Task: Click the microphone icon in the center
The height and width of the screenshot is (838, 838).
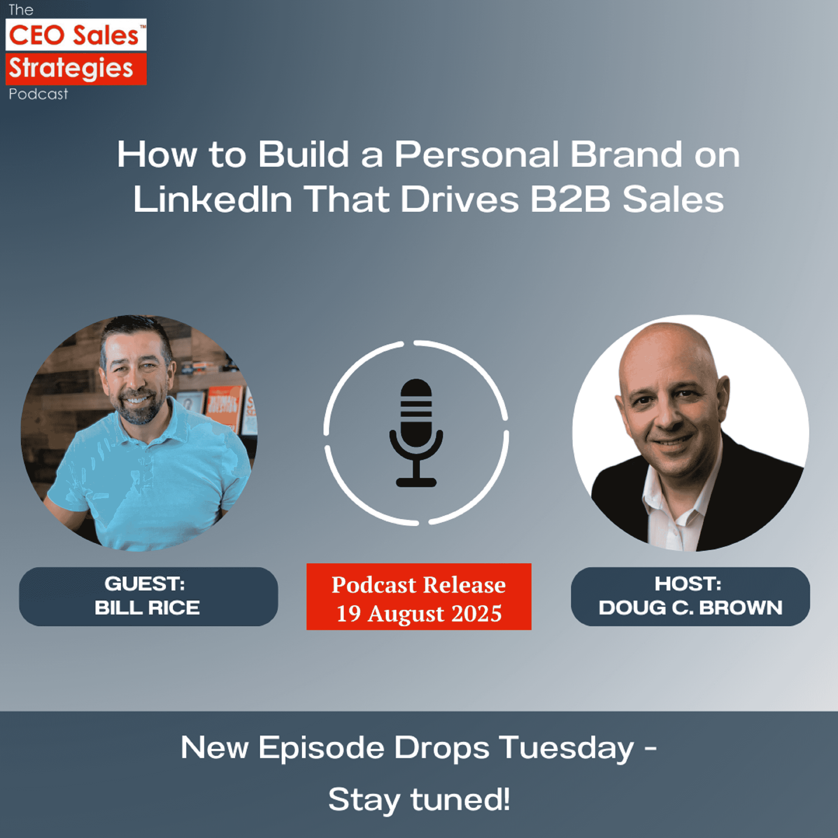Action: click(416, 432)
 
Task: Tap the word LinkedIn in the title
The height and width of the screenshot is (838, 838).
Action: click(213, 199)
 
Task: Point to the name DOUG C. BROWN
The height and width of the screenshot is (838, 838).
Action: click(691, 608)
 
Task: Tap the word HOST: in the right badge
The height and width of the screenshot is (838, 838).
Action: click(688, 584)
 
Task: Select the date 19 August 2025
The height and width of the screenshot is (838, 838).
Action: click(419, 614)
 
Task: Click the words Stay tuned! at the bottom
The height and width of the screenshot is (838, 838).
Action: click(419, 799)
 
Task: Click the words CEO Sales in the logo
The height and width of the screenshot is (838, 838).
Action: click(73, 35)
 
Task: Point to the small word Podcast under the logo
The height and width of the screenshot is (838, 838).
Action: click(38, 94)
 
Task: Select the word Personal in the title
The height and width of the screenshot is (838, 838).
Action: click(477, 155)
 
